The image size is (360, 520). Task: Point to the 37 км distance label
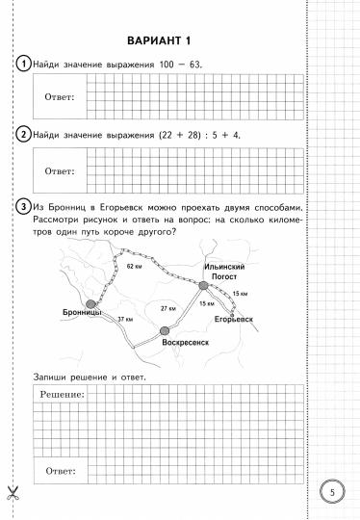pyautogui.click(x=124, y=318)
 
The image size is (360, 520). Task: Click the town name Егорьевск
pyautogui.click(x=234, y=318)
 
